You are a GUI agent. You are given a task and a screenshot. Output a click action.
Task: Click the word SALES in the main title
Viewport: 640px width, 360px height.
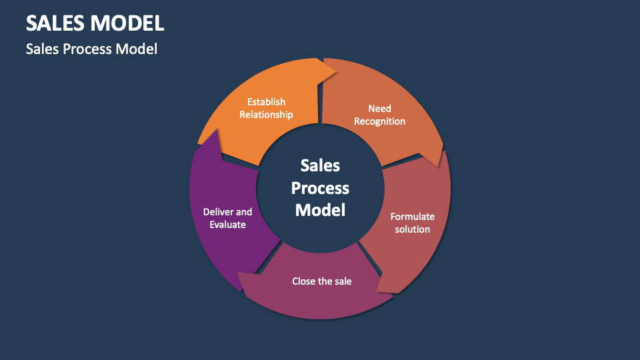coord(55,23)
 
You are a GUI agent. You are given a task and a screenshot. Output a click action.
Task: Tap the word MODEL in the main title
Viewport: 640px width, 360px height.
coord(127,23)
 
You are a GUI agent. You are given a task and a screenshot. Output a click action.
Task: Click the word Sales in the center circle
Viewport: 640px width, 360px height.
coord(320,165)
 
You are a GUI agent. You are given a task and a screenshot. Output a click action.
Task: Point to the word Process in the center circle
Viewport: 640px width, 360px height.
coord(320,188)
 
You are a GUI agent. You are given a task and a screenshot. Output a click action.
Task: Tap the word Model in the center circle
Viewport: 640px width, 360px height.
coord(320,210)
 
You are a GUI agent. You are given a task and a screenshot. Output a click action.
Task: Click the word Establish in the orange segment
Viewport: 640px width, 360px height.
coord(266,102)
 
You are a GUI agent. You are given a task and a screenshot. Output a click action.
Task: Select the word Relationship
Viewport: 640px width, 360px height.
coord(266,114)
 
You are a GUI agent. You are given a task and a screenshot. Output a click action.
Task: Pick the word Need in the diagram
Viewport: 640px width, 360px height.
coord(379,109)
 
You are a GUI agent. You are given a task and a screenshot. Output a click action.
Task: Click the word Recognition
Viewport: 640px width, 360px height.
coord(379,121)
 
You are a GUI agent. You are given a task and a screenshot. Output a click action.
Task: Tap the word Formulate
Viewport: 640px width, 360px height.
coord(412,217)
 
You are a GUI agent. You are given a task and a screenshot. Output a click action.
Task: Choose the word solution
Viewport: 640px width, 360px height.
coord(412,229)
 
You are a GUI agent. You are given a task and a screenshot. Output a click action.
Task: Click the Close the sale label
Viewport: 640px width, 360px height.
coord(321,281)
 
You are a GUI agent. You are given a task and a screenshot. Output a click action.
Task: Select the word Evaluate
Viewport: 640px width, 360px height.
coord(227,225)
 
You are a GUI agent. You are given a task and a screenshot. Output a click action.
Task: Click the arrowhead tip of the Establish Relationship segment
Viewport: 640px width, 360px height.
coord(336,69)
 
